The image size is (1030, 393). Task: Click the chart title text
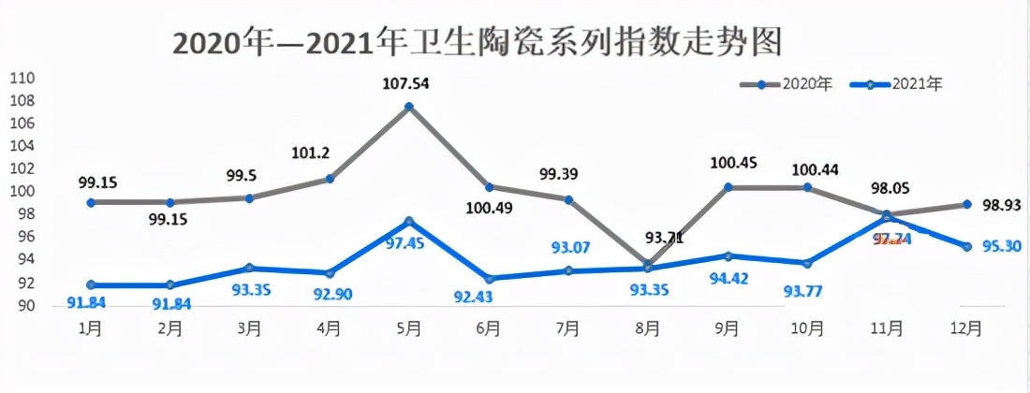coord(478,43)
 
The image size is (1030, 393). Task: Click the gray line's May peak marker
coord(409,107)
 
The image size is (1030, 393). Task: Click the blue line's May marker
coord(409,222)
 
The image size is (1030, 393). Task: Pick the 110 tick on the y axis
coord(21,78)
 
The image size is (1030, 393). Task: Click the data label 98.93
coord(1001,205)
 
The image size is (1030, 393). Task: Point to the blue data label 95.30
coord(1000,247)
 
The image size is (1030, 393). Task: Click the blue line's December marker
coord(967,246)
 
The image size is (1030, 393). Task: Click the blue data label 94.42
coord(728,278)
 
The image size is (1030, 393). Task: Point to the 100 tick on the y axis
coord(21,191)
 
